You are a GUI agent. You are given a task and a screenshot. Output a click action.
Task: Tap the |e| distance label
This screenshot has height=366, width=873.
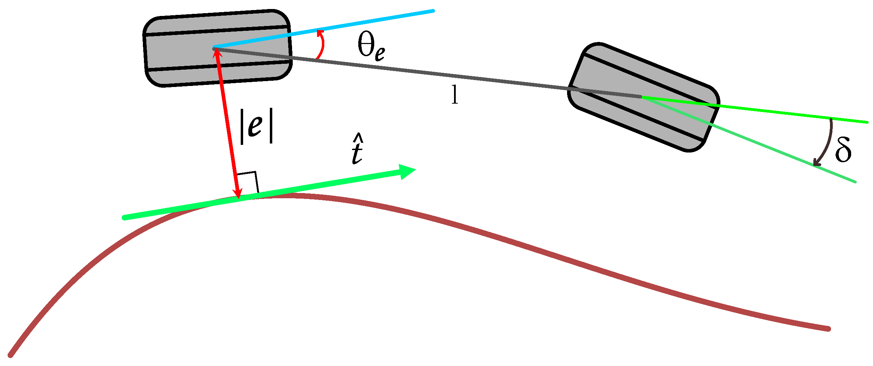coord(256,125)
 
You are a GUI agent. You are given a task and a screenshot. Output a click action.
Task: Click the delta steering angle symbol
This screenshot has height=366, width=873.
coord(843,150)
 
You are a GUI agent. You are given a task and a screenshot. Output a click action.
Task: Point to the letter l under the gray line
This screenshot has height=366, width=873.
coord(455,95)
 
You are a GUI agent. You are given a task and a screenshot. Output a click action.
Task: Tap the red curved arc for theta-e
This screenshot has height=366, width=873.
coord(323,45)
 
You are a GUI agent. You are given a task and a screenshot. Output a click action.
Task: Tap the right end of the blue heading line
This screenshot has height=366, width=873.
coord(433,11)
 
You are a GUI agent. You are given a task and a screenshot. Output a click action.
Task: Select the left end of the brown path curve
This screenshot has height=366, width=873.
coord(11,355)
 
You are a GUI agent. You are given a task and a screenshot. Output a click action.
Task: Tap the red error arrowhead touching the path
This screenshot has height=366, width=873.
coord(238,194)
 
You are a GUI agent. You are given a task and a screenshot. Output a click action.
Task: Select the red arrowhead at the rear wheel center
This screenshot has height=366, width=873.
coord(216,53)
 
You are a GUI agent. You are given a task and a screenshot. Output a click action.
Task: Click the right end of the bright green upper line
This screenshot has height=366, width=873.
coord(866,122)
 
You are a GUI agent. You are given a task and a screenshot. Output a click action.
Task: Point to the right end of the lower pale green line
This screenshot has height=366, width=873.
coord(855,181)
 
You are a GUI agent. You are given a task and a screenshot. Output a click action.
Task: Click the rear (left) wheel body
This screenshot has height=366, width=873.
coord(180,49)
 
